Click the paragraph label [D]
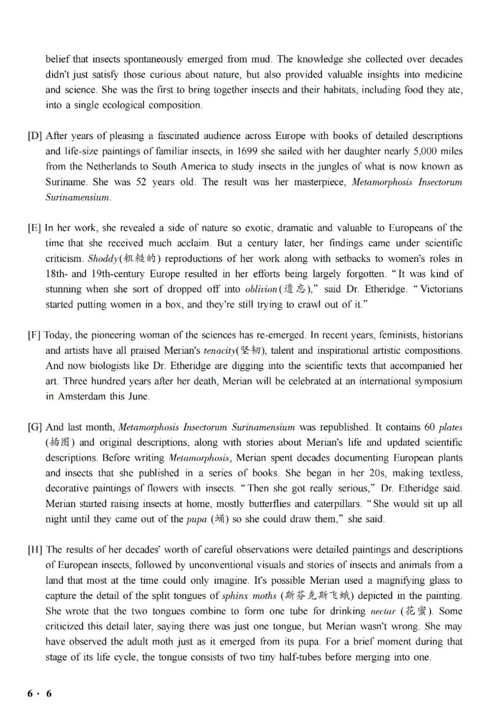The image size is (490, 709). (35, 135)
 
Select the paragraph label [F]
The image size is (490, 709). (35, 335)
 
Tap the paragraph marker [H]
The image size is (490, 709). (35, 549)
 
